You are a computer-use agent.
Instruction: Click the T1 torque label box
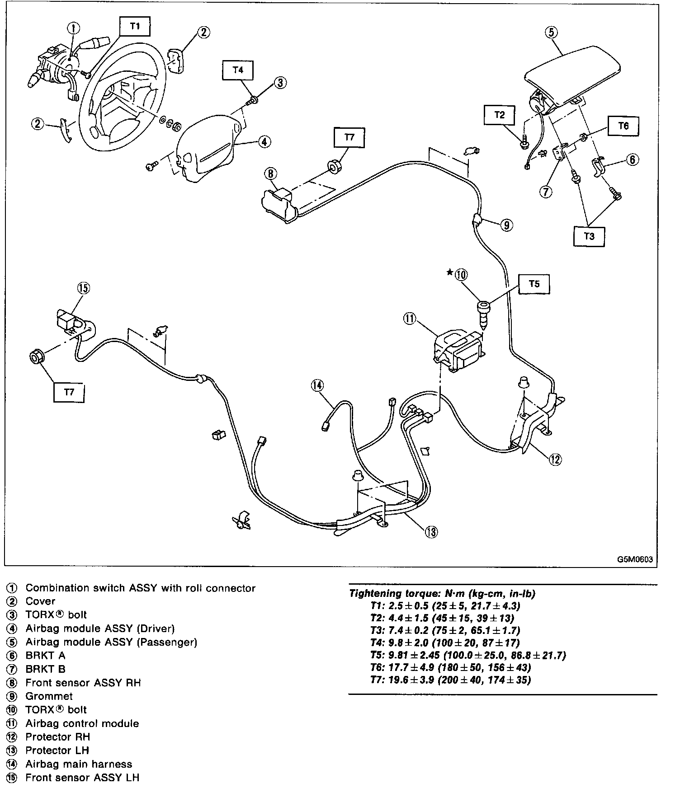click(x=135, y=26)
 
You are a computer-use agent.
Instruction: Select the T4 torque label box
click(x=238, y=70)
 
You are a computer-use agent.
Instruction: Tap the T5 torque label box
click(x=534, y=284)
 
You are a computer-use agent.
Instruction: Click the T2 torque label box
click(x=499, y=115)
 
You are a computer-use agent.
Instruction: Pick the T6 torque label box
click(x=623, y=126)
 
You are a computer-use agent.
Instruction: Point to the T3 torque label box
click(x=589, y=236)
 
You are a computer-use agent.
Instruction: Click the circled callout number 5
click(x=551, y=33)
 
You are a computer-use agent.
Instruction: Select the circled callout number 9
click(x=507, y=225)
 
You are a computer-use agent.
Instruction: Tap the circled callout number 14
click(x=317, y=385)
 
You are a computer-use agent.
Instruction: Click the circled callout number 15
click(x=84, y=288)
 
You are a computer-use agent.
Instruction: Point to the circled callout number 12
click(x=555, y=459)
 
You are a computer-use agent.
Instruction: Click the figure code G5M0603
click(x=635, y=559)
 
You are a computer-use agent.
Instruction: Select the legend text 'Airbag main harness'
click(x=79, y=764)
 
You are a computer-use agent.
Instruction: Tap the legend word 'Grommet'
click(x=49, y=696)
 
